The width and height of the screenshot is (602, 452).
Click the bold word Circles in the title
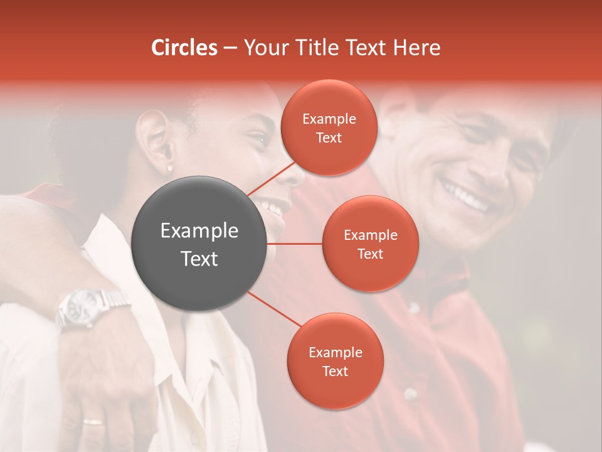point(184,48)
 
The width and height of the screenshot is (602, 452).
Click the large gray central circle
point(199,244)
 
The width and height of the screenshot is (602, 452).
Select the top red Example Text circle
point(329,128)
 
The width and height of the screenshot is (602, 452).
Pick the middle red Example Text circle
point(370,244)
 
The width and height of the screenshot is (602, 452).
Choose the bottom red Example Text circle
point(335,361)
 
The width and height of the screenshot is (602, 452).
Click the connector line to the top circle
point(271,178)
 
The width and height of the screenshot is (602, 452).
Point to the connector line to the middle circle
point(295,243)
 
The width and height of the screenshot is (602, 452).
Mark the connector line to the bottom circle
point(275,309)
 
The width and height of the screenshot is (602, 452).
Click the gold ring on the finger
point(93,421)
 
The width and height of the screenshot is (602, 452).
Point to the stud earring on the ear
point(169,168)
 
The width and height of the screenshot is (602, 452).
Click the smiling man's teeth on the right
point(465,196)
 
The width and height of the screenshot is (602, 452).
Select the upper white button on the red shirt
point(413,308)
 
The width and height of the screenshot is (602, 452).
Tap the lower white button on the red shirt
point(410,394)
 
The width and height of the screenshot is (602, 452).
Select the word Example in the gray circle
point(199,231)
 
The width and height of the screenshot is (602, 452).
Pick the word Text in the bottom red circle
point(335,371)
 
